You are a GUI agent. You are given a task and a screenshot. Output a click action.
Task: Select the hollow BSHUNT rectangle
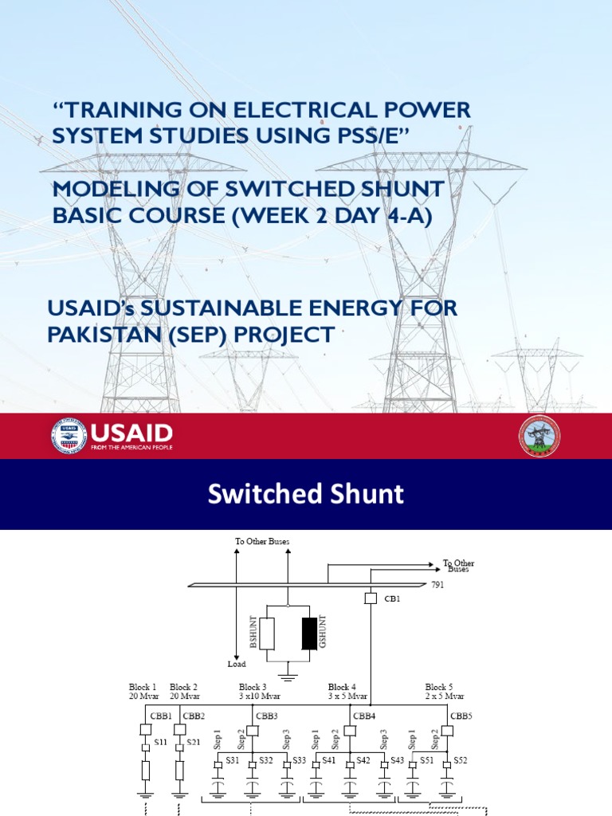(268, 633)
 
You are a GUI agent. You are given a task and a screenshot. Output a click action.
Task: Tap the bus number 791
(437, 585)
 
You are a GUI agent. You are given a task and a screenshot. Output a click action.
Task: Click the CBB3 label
(267, 716)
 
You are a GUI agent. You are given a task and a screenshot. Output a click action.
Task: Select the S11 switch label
(160, 743)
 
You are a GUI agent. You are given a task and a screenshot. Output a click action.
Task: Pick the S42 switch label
(363, 760)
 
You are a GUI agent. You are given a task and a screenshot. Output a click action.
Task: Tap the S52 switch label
(461, 760)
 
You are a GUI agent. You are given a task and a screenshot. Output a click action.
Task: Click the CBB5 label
(461, 716)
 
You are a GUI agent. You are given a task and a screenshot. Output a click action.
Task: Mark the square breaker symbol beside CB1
(371, 598)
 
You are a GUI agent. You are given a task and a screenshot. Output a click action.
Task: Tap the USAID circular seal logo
(69, 436)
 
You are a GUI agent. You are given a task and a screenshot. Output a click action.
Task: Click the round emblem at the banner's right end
(539, 437)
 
